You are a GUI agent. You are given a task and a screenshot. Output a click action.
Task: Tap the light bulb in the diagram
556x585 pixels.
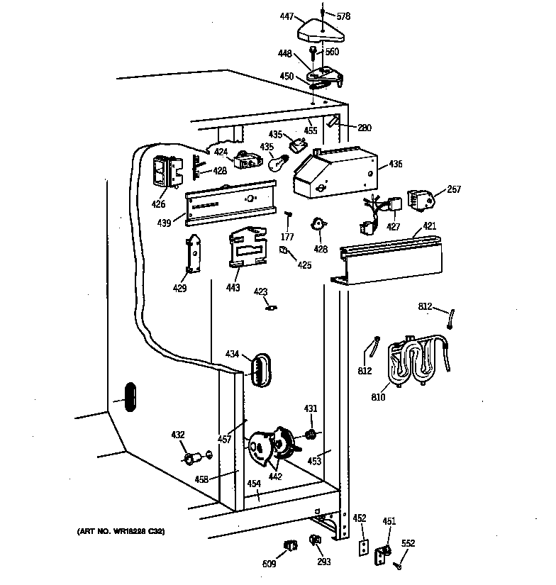(x=278, y=162)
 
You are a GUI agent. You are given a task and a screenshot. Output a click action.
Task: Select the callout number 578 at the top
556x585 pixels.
(x=343, y=16)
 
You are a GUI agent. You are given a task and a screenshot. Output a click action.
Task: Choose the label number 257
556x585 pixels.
(x=454, y=189)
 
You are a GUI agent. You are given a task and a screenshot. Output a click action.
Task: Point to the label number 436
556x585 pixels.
(x=395, y=164)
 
